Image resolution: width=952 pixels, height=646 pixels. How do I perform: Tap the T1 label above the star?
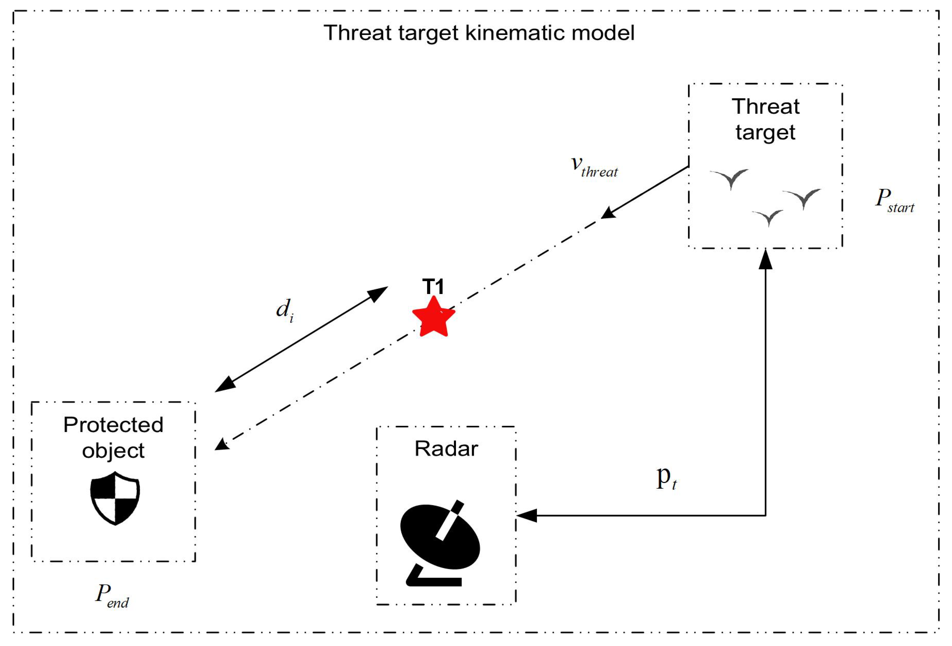coord(433,287)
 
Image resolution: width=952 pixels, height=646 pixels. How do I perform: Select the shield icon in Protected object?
coord(115,498)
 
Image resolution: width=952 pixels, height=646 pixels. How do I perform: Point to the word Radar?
coord(446,449)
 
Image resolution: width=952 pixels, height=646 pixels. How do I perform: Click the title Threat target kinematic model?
coord(479,33)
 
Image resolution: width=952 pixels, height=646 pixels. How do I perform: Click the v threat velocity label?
coord(594,167)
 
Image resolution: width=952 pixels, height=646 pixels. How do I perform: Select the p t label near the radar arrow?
coord(666,478)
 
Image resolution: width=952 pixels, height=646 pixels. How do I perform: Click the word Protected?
coord(113,425)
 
